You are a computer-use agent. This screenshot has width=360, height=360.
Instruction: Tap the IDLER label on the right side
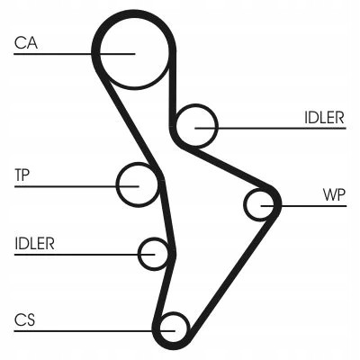pyautogui.click(x=323, y=116)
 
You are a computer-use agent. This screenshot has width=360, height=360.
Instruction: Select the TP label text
pyautogui.click(x=23, y=173)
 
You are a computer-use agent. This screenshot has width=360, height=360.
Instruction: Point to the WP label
pyautogui.click(x=333, y=193)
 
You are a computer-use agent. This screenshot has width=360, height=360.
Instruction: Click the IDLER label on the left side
pyautogui.click(x=35, y=243)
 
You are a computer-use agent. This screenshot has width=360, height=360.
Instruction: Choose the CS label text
pyautogui.click(x=25, y=319)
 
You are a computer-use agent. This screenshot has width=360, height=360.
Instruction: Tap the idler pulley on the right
pyautogui.click(x=197, y=126)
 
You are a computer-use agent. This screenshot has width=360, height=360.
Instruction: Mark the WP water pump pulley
pyautogui.click(x=262, y=205)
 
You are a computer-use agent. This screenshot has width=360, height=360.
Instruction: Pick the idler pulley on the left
pyautogui.click(x=154, y=253)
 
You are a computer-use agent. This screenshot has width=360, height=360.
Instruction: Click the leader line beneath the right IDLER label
pyautogui.click(x=288, y=128)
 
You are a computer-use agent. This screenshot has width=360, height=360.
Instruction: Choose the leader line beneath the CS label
pyautogui.click(x=81, y=330)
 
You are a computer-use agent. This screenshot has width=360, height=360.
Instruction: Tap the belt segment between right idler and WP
pyautogui.click(x=229, y=167)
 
